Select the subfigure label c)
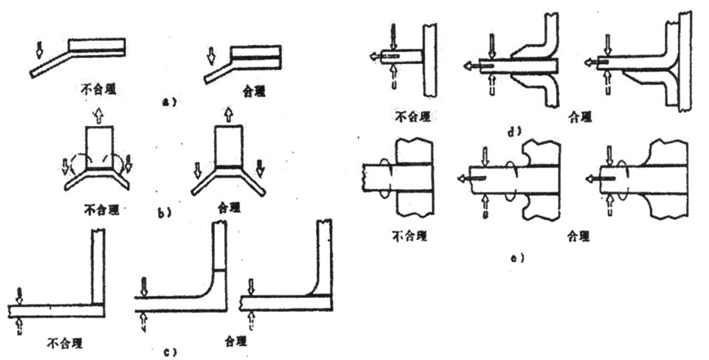coord(166,352)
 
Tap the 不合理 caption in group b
coord(101,209)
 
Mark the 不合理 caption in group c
coord(66,341)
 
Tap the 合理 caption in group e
coord(578,239)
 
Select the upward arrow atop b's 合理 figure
coord(228,112)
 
